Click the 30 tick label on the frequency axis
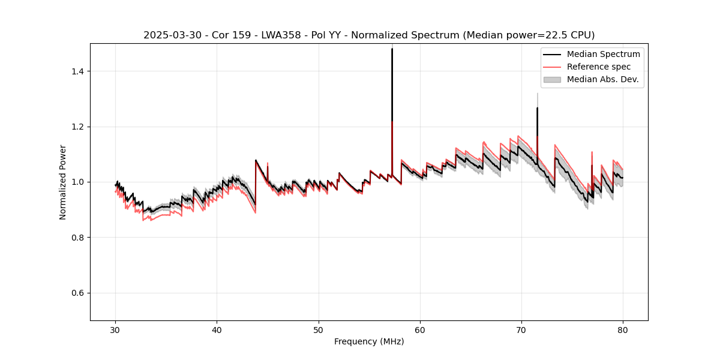pos(116,330)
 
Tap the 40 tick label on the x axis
pos(217,330)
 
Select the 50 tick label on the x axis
pos(319,330)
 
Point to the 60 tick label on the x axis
pos(420,330)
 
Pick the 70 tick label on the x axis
pos(521,330)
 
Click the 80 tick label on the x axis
pos(623,330)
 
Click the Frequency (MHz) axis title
pos(369,341)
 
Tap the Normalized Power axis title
pos(63,182)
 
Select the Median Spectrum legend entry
pos(603,54)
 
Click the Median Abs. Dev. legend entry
pos(602,79)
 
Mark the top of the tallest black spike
pos(392,49)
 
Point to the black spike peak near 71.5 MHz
pos(537,108)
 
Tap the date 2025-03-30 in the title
pos(170,35)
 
